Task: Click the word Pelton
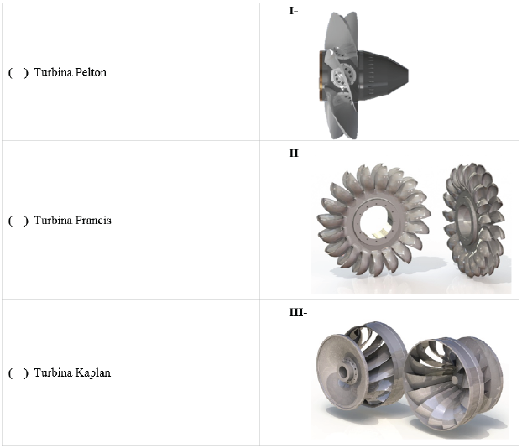point(91,72)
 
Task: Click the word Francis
point(93,221)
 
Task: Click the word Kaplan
point(93,372)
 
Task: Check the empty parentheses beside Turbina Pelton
point(18,72)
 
